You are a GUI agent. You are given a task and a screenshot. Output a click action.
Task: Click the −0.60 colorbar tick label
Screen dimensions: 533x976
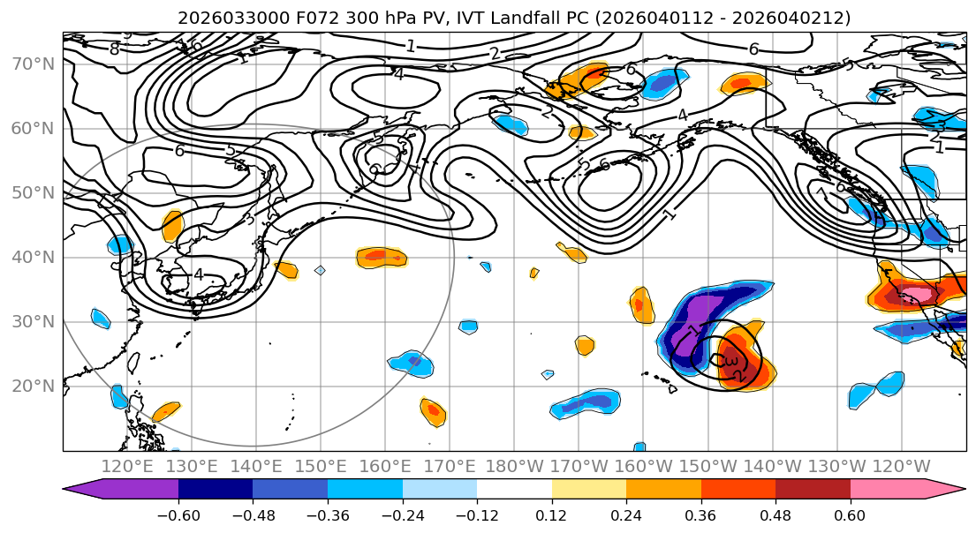[x=178, y=514]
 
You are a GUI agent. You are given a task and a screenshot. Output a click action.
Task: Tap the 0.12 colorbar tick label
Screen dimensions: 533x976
[x=551, y=514]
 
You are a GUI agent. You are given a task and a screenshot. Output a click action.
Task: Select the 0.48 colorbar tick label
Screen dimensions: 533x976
[x=776, y=514]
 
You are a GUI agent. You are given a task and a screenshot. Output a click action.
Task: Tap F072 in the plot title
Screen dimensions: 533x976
[x=296, y=18]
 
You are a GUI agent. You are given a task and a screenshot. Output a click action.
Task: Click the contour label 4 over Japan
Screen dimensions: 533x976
[x=198, y=275]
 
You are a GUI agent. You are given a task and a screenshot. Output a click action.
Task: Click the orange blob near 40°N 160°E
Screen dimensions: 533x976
[x=382, y=257]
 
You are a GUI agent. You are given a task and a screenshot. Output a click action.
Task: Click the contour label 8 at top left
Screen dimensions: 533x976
[x=114, y=49]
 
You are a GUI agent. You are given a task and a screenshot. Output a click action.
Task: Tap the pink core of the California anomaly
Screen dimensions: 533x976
[x=919, y=294]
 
